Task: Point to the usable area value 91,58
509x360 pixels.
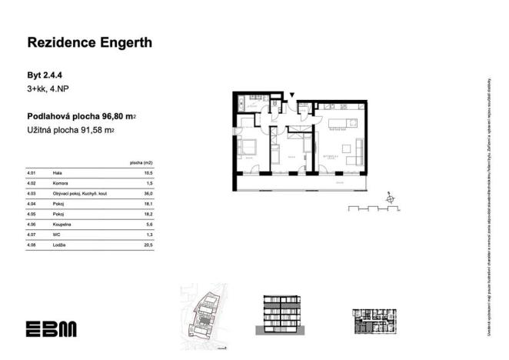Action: tap(95, 131)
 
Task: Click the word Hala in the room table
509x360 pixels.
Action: tap(58, 174)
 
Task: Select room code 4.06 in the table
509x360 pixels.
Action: tap(32, 224)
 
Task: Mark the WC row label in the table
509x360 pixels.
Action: tap(56, 234)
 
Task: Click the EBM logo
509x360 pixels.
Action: tap(51, 329)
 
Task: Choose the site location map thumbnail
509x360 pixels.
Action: tap(204, 312)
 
